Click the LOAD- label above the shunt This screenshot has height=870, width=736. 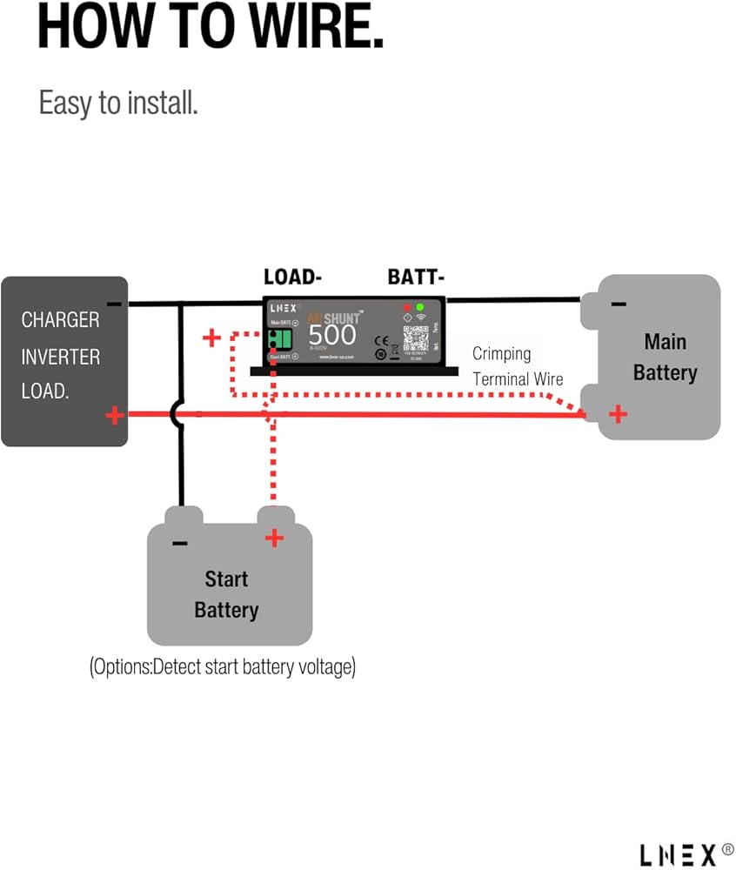click(293, 278)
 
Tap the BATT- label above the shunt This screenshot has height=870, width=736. click(416, 278)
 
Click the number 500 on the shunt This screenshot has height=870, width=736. click(332, 334)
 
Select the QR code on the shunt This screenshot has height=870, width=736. click(416, 338)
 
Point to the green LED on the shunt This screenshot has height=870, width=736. click(420, 308)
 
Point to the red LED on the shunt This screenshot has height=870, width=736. click(406, 308)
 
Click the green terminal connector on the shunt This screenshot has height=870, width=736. click(281, 339)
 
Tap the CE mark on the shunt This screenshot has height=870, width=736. click(380, 340)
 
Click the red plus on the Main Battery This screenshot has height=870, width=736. click(618, 414)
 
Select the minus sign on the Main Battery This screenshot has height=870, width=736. click(619, 304)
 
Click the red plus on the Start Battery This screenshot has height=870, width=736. click(274, 539)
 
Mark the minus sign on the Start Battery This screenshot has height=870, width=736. click(180, 544)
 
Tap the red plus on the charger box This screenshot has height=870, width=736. click(114, 416)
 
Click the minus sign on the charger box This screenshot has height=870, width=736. click(114, 304)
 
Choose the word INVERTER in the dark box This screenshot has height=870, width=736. click(60, 357)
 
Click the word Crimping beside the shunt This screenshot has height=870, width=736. click(501, 354)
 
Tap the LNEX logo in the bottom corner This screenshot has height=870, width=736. click(678, 853)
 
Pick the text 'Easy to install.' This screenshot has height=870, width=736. click(118, 103)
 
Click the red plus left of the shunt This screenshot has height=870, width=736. click(211, 338)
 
